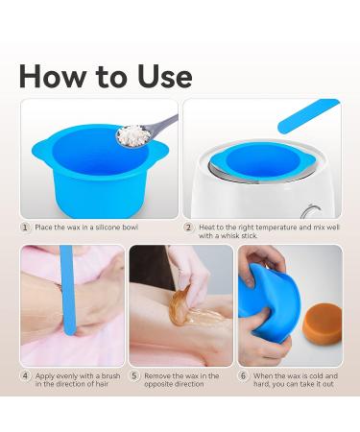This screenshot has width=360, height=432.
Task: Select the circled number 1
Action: pyautogui.click(x=25, y=227)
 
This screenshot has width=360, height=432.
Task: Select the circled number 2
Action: pyautogui.click(x=188, y=227)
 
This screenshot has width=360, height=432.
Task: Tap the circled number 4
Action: pyautogui.click(x=25, y=376)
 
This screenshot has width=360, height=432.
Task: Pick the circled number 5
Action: pyautogui.click(x=134, y=376)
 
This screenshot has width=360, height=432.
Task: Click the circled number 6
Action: pyautogui.click(x=244, y=376)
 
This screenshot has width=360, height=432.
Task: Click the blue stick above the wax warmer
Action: pyautogui.click(x=307, y=119)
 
